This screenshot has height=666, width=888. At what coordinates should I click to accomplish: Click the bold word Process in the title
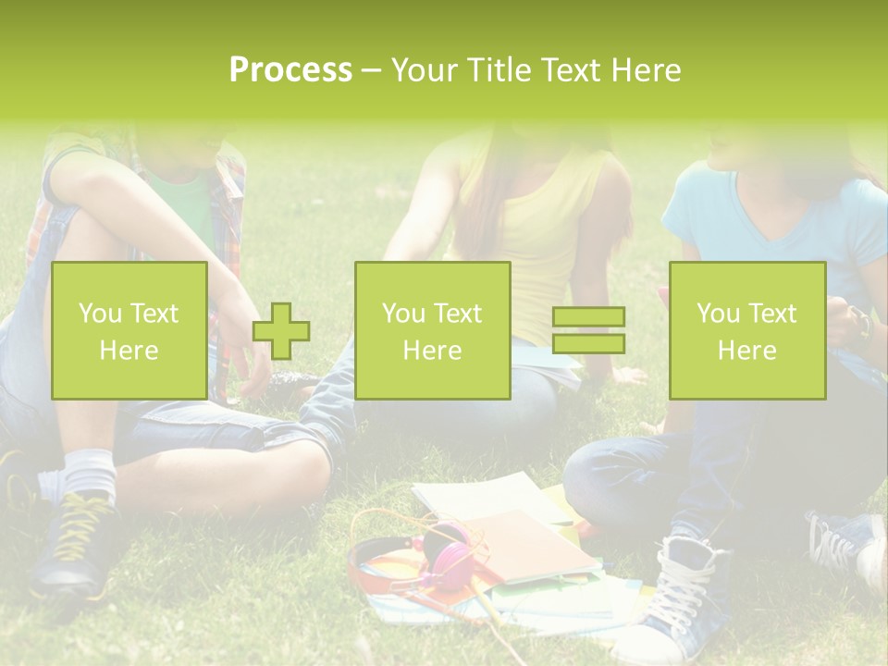[x=290, y=70]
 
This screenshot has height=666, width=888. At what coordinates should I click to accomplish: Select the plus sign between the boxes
[x=281, y=330]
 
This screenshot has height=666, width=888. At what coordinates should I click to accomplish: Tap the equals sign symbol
[x=588, y=330]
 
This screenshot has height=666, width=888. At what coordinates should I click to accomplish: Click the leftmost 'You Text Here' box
[x=129, y=330]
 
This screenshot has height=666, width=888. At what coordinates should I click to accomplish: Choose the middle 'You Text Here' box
[x=433, y=330]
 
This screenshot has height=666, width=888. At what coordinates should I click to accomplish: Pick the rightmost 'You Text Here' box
[x=747, y=330]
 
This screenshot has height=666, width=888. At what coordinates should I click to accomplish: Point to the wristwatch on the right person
[x=862, y=324]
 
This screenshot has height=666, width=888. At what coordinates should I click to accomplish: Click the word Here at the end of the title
[x=647, y=70]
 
